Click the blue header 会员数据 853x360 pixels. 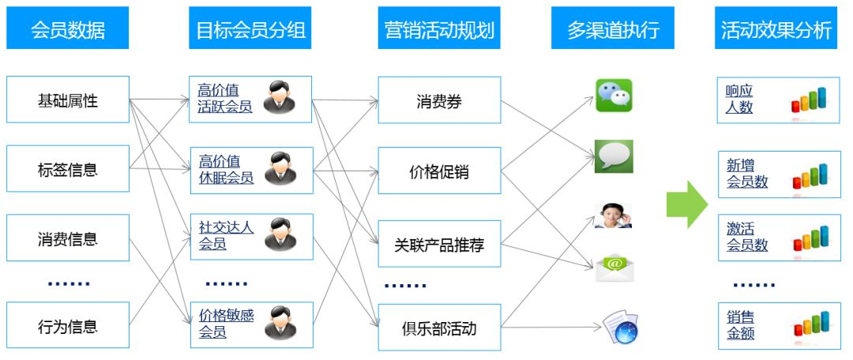click(x=68, y=30)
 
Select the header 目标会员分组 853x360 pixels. click(x=250, y=30)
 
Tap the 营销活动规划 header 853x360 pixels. click(x=439, y=30)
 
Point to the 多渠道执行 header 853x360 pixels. click(x=613, y=30)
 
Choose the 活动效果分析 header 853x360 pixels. click(x=776, y=30)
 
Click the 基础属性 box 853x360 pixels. click(x=68, y=100)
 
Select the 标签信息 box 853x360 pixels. click(x=68, y=169)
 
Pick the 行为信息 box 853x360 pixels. click(x=68, y=325)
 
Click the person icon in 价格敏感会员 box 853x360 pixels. click(x=280, y=323)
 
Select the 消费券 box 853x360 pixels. click(x=439, y=100)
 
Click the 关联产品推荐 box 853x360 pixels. click(x=439, y=245)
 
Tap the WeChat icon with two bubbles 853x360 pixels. click(x=614, y=96)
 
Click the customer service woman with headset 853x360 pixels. click(x=613, y=216)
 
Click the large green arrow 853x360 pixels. click(x=686, y=204)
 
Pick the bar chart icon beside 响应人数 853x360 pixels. click(x=810, y=99)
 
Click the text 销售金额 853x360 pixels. click(x=741, y=325)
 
